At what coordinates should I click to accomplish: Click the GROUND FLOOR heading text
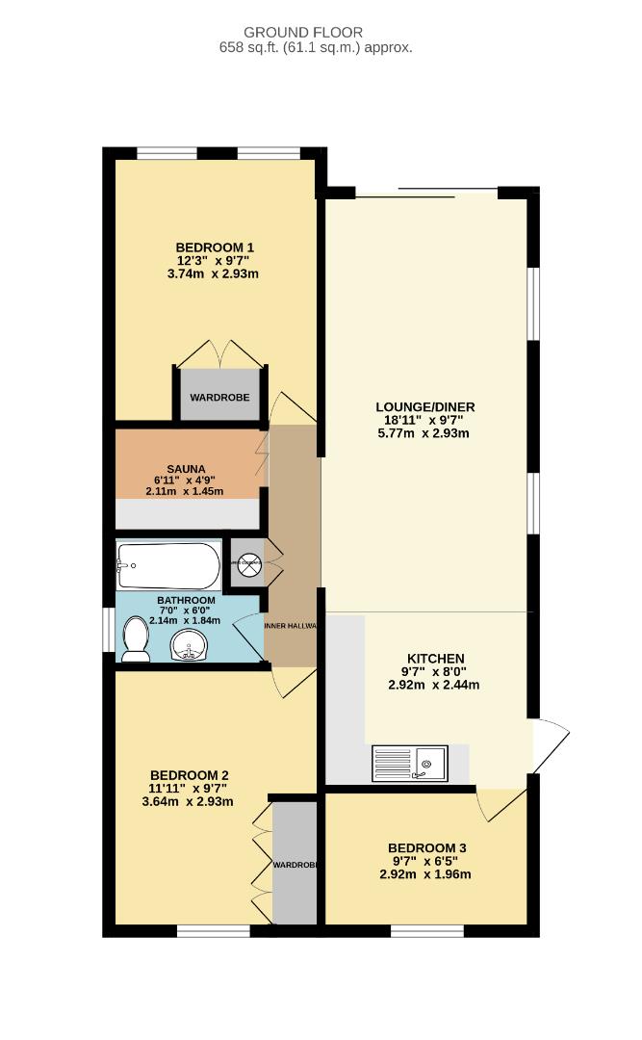tap(317, 32)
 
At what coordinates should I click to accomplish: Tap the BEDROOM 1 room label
tap(215, 247)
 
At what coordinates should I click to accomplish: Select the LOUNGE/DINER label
tap(424, 407)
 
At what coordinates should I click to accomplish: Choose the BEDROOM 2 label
tap(189, 775)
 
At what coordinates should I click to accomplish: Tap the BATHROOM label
tap(186, 601)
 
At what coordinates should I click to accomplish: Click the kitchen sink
tap(410, 764)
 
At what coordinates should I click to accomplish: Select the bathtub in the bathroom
tap(168, 567)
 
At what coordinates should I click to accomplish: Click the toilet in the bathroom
tap(136, 640)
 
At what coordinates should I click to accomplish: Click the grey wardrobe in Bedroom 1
tap(219, 396)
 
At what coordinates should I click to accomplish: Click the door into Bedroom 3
tap(501, 803)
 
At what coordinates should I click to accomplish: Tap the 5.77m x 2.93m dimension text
tap(424, 433)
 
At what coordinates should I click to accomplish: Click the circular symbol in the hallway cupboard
tap(249, 564)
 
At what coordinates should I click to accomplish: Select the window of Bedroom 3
tap(426, 930)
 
